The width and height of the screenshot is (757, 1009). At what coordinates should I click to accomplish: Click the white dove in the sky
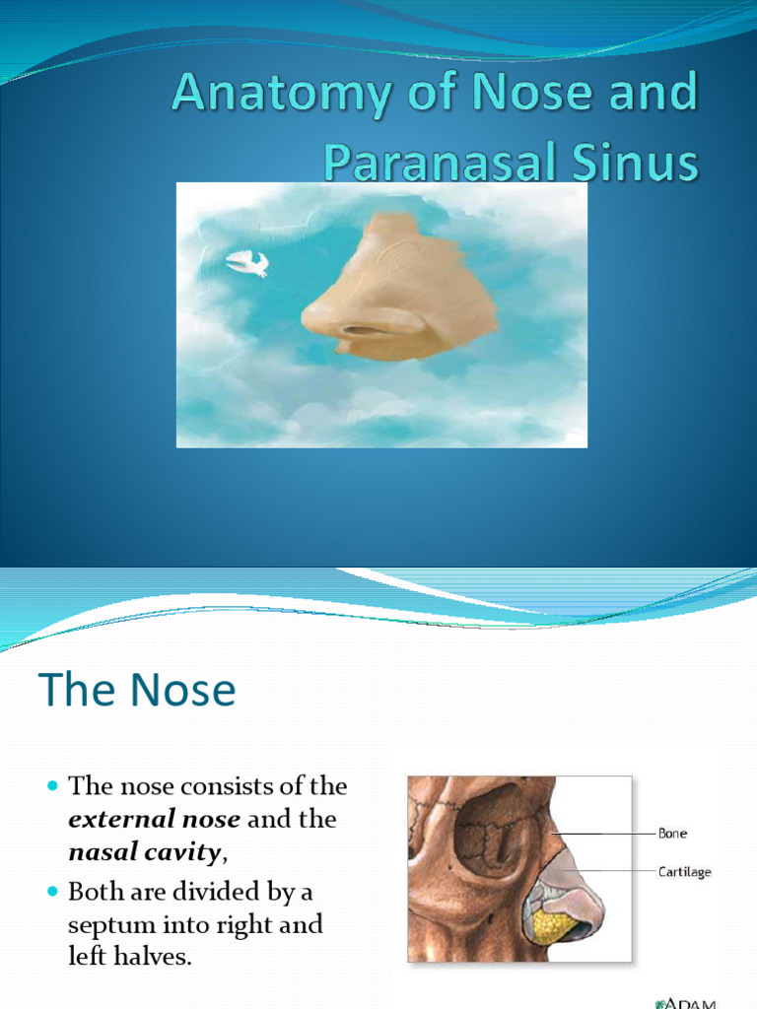pyautogui.click(x=247, y=262)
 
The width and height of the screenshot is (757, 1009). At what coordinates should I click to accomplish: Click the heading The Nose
pyautogui.click(x=137, y=691)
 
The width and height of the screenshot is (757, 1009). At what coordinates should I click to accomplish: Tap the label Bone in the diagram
pyautogui.click(x=672, y=834)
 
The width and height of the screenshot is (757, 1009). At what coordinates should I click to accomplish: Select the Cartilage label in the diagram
pyautogui.click(x=684, y=871)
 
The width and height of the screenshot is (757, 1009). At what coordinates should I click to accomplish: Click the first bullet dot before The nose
pyautogui.click(x=53, y=787)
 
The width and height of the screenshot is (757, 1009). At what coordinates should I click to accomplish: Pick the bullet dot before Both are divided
pyautogui.click(x=53, y=894)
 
